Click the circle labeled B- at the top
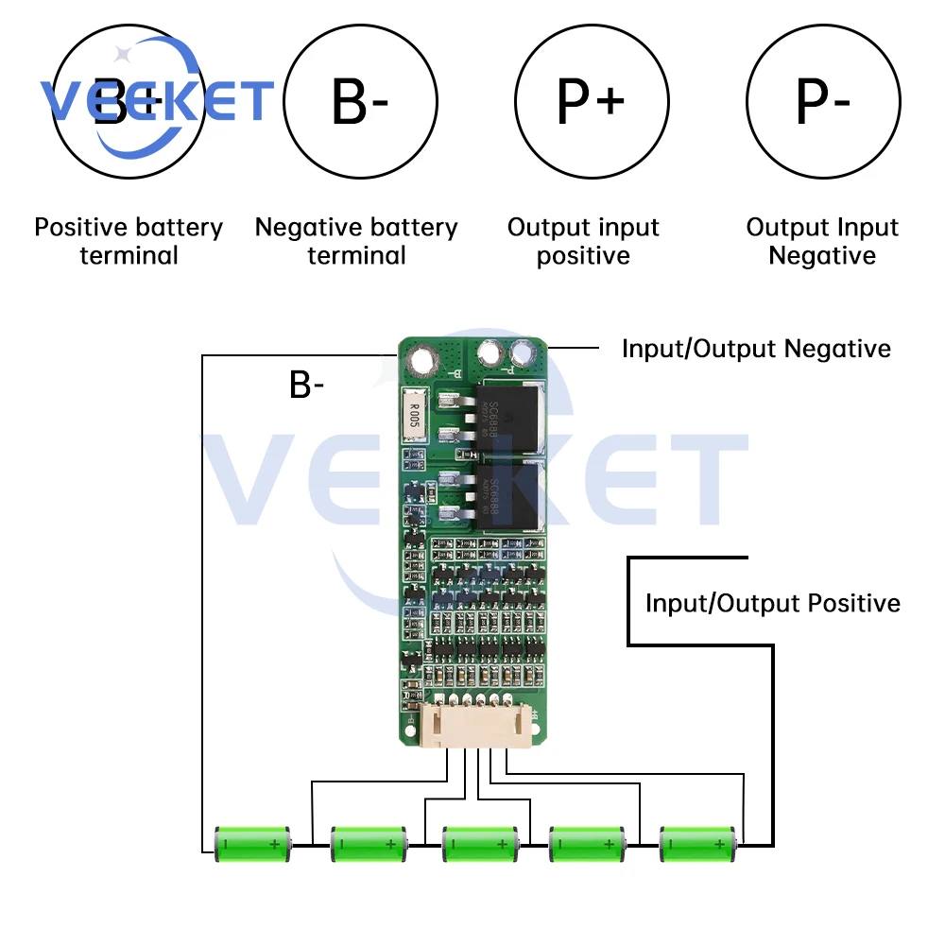click(360, 103)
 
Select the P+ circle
click(592, 103)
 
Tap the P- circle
click(822, 103)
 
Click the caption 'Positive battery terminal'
click(129, 241)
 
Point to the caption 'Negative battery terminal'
click(356, 241)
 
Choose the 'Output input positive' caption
click(583, 241)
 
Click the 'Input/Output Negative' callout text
click(756, 349)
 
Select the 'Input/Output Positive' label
click(772, 603)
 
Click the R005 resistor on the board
click(413, 416)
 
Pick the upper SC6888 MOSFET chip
click(511, 416)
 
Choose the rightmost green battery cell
click(697, 843)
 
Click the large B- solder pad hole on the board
click(421, 359)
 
